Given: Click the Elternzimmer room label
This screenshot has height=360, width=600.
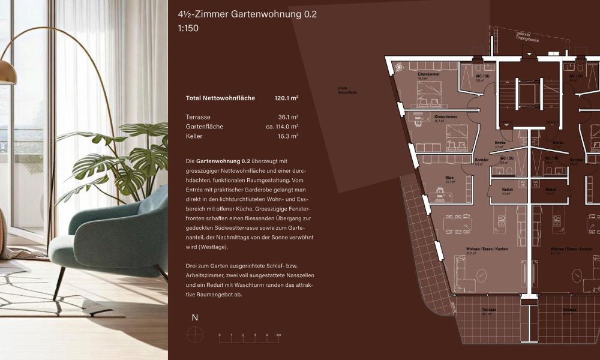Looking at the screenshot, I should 429,74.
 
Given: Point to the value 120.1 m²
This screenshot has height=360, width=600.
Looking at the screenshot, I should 286,98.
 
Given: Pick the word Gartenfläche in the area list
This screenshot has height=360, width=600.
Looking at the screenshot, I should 205,127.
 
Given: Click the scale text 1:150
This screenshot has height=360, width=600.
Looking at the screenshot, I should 188,28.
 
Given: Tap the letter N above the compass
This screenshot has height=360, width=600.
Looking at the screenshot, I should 194,318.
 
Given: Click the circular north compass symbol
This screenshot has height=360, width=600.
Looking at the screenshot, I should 195,335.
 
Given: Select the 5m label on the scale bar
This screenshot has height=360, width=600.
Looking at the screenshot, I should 278,335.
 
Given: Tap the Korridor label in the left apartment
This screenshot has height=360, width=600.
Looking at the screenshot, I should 481,160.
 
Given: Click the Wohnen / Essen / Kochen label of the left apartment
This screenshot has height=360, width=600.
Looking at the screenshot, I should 478,249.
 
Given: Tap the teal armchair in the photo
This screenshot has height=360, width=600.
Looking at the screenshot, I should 108,234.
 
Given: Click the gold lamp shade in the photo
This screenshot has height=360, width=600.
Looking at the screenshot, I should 7,72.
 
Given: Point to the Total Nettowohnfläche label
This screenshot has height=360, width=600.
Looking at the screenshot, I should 220,98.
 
